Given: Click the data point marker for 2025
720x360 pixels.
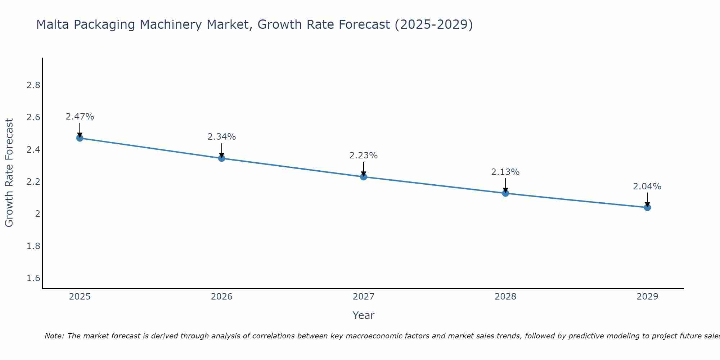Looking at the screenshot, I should point(80,138).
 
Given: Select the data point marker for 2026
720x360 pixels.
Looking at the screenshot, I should point(222,158).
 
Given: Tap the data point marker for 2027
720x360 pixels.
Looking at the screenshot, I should point(364,177).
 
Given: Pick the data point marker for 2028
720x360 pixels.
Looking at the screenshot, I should point(505,193).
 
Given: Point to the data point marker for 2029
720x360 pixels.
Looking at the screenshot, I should point(647,207).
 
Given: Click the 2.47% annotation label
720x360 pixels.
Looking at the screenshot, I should point(80,117).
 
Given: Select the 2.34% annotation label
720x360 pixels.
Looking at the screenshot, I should point(222,137).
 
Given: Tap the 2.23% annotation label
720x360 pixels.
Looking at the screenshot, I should point(364,156).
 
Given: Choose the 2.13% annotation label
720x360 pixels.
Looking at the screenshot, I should point(505,172).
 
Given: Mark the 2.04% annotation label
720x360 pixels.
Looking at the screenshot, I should point(647,186).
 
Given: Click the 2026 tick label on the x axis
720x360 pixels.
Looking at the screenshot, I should point(222,297).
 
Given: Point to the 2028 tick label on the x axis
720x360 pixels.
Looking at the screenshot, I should point(505,297).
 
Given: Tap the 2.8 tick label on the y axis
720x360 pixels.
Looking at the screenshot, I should point(33,85).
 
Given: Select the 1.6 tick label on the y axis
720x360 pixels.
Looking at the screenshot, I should point(33,278).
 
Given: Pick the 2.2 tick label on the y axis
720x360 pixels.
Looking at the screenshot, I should point(33,182).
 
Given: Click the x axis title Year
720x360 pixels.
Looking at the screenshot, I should point(364,315).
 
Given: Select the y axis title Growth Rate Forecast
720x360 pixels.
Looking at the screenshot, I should point(9,173).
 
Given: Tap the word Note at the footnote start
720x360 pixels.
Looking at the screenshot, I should point(54,336).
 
